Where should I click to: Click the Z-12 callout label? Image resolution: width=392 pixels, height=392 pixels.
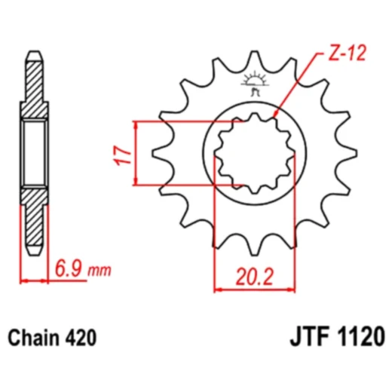(x=347, y=54)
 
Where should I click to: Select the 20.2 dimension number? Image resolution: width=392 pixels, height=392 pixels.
(x=254, y=277)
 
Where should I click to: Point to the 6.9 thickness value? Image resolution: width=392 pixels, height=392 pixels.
(x=69, y=269)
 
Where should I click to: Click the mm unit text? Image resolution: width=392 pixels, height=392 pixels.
(x=100, y=271)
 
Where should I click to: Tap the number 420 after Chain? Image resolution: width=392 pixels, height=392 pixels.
(x=81, y=338)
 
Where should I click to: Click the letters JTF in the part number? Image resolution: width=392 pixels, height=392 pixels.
(x=310, y=336)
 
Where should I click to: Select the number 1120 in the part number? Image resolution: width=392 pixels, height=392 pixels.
(x=360, y=336)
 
